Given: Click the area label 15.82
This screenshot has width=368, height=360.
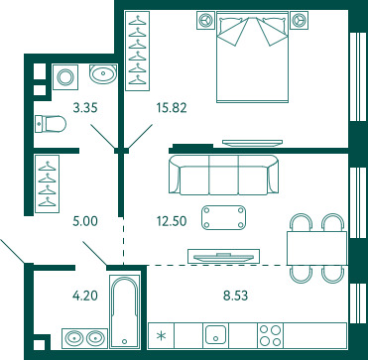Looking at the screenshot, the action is pos(172,108).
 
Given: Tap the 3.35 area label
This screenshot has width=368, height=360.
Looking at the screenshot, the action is pos(85,108).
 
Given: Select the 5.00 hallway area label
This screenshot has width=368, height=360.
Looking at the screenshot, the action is pos(85,221).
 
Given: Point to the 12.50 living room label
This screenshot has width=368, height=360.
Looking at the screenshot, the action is pos(172,221).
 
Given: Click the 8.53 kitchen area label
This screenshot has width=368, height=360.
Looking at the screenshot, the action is pos(235,296).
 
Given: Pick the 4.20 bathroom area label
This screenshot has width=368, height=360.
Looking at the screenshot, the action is pos(85,296).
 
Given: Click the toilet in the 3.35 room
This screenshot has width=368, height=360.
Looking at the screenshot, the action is pos(51,124).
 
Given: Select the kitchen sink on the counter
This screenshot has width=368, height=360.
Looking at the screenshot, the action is pos(215,334).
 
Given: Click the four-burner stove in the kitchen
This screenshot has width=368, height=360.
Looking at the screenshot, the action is pos(271,335).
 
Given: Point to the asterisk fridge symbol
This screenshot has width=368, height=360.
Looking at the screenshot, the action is pos(162,336).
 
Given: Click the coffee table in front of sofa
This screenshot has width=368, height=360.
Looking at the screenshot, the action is pos(223,217).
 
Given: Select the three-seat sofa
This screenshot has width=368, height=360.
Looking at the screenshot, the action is pos(223,175).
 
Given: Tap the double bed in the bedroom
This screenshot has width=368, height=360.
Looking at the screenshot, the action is pos(252,57).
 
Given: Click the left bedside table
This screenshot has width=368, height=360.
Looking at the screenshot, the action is pos(206,20).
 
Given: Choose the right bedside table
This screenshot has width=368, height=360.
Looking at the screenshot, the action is pos(300,20).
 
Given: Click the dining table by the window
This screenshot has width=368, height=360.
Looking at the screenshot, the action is pos(316,248).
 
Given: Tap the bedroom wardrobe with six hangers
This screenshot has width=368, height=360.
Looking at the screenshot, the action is pos(137,51).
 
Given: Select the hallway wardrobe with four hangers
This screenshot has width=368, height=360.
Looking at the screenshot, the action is pos(48,183).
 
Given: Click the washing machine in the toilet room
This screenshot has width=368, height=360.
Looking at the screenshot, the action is pos(65,77).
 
